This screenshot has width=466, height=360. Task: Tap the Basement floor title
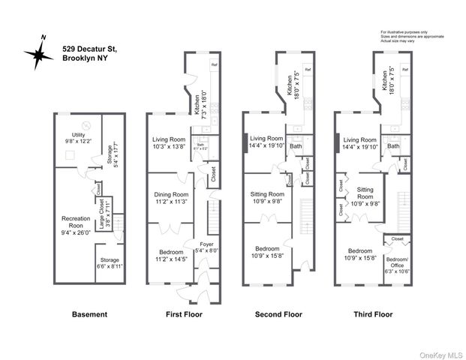click(x=89, y=315)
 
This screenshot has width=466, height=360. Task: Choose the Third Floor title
click(x=373, y=315)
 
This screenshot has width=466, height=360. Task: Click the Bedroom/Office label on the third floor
click(x=397, y=265)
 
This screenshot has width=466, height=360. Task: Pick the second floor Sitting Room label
click(x=266, y=197)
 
